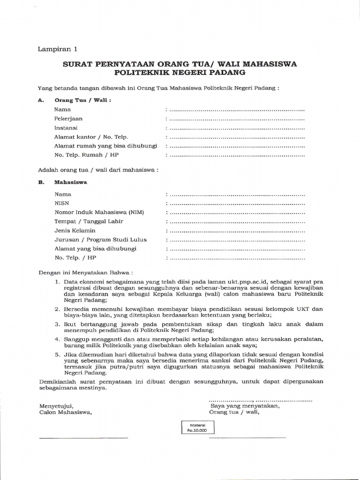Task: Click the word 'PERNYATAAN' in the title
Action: click(127, 64)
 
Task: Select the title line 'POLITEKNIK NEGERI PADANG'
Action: click(180, 73)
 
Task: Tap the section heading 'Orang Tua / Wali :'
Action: click(83, 100)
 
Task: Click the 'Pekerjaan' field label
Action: click(68, 119)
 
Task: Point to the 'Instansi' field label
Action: click(66, 127)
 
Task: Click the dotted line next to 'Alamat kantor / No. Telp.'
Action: click(236, 137)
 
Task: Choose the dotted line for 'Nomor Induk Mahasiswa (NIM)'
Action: click(236, 213)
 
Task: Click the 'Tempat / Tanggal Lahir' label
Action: click(86, 222)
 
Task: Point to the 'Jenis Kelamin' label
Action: click(75, 231)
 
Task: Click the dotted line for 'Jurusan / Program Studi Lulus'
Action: click(236, 240)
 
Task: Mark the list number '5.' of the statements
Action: click(57, 355)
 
